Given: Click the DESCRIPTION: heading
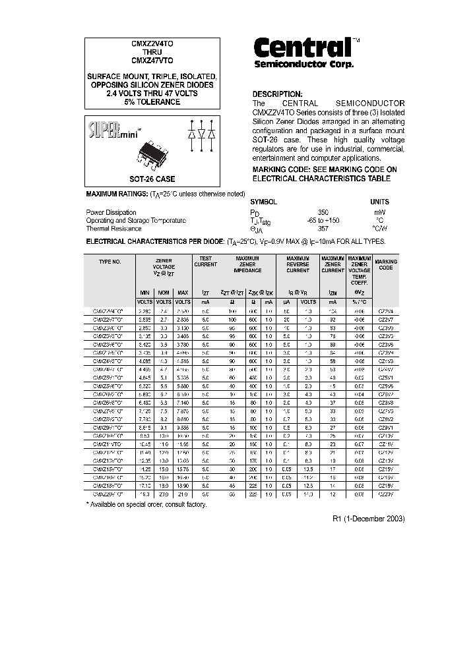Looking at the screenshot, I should tap(278, 94).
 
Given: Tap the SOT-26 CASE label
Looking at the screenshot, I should tap(151, 179).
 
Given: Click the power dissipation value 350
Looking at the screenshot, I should tap(323, 212).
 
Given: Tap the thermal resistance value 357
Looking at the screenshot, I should tap(323, 229).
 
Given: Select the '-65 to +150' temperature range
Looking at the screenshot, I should tap(323, 220).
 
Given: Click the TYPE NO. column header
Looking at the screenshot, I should tap(110, 262).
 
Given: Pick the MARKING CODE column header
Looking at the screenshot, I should tap(386, 265).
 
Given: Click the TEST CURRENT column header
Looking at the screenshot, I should tap(205, 262).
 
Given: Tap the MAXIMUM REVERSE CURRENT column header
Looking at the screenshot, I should tap(298, 265).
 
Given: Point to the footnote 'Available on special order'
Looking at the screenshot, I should tap(147, 504).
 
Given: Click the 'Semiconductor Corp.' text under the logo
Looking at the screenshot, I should tap(304, 65).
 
